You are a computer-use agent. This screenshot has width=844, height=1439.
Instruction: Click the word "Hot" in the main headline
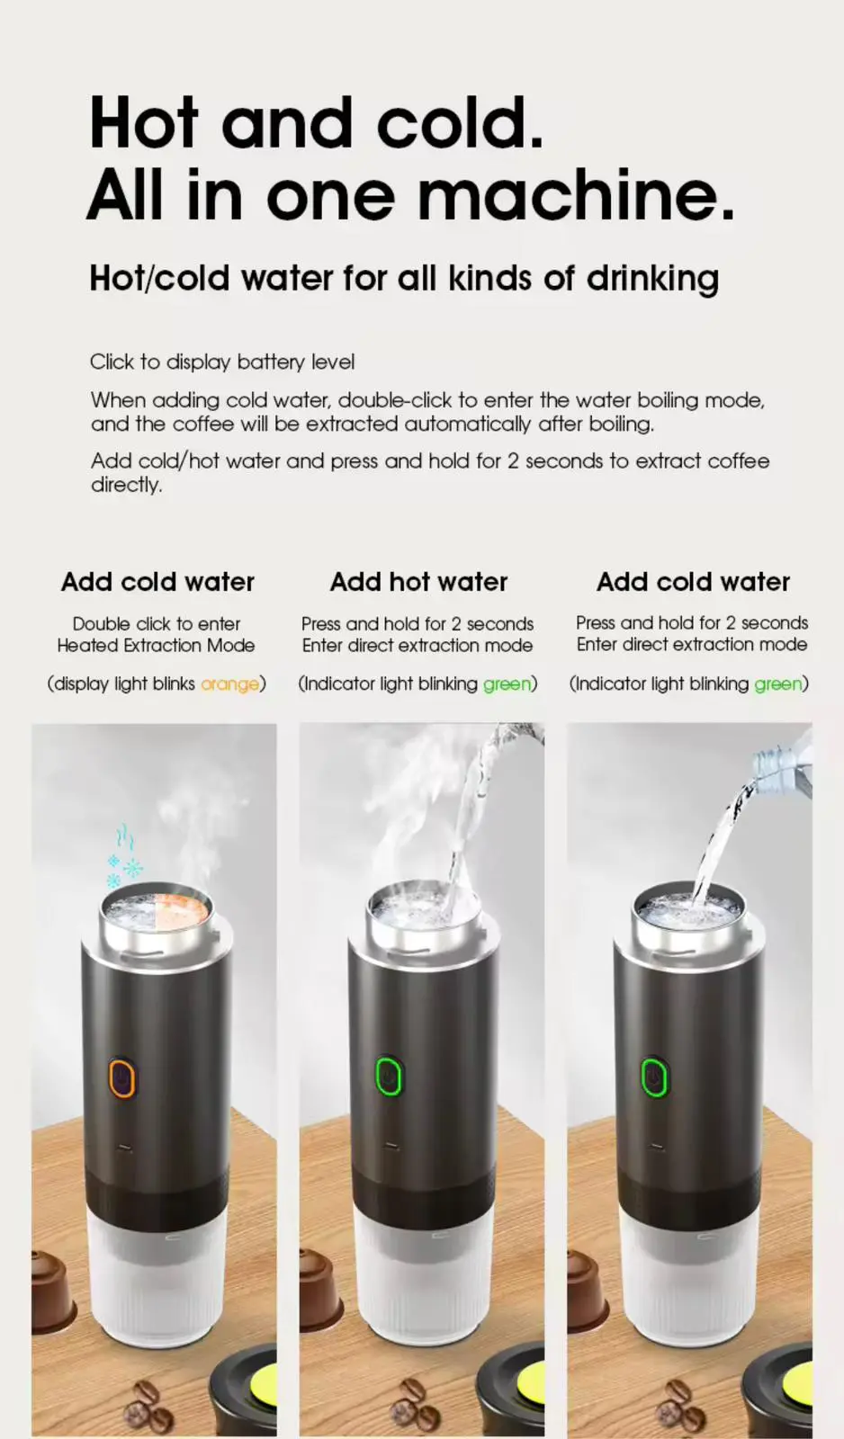tap(144, 123)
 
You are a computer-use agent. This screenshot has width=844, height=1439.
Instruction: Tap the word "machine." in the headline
tap(576, 194)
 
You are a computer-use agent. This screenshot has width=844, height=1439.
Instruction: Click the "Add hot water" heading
tap(418, 582)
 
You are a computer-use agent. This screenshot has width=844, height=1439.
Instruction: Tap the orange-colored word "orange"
tap(229, 684)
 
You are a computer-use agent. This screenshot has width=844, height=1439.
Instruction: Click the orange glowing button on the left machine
tap(121, 1077)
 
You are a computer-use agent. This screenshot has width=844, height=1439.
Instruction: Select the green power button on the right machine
tap(655, 1077)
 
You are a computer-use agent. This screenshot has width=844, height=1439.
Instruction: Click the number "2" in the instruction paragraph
tap(512, 461)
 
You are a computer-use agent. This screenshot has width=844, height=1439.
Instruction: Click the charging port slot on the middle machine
tap(391, 1146)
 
